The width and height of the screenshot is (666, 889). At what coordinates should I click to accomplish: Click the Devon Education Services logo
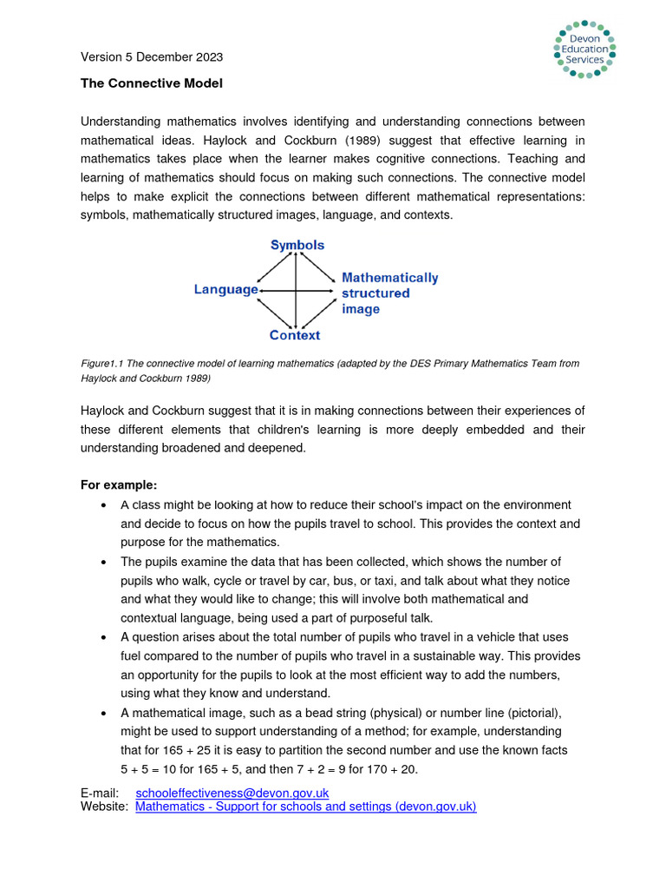583,49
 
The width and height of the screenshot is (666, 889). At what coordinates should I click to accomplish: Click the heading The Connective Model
152,83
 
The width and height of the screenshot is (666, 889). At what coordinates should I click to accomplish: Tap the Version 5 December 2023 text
152,57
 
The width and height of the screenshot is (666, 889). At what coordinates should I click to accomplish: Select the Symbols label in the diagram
297,245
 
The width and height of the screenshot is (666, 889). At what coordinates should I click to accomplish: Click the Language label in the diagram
225,289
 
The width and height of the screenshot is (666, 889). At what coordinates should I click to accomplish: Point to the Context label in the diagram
295,335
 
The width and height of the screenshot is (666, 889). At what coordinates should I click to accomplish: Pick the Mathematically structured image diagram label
388,293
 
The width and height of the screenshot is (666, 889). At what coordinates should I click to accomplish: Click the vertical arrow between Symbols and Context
297,290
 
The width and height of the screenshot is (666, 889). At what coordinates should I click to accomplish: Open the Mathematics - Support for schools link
305,807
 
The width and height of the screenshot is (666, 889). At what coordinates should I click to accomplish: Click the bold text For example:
119,485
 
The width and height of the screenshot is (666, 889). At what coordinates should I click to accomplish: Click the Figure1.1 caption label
102,364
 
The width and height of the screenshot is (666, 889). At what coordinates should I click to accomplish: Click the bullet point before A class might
104,505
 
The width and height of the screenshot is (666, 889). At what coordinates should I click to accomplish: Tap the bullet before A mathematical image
104,713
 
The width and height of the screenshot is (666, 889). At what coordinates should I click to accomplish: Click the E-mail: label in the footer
100,793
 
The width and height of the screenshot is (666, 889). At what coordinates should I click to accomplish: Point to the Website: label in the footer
105,807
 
